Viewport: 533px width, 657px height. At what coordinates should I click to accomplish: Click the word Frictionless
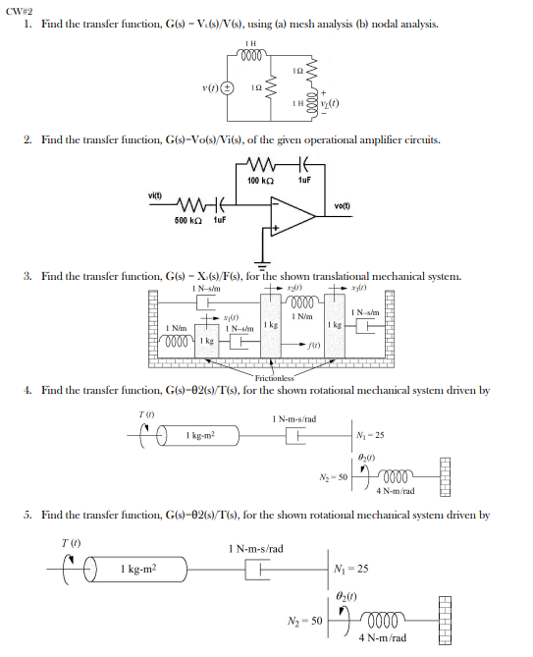(x=274, y=377)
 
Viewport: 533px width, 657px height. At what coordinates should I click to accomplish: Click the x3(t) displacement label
(x=358, y=290)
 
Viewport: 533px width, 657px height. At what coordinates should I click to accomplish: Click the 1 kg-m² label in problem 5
(x=138, y=569)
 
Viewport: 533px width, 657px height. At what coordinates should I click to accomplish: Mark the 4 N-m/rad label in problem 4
(x=396, y=490)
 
